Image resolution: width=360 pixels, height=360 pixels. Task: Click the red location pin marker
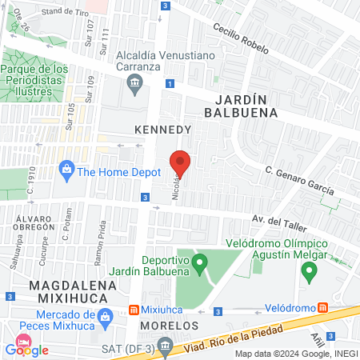[180, 163]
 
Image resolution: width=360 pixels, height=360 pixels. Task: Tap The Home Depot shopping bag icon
[66, 170]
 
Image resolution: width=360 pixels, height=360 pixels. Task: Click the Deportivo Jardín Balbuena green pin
[201, 260]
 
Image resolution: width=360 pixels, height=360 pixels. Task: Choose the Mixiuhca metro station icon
[135, 310]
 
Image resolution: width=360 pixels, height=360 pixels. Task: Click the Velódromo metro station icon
[322, 307]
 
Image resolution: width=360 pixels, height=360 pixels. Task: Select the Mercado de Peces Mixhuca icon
[104, 319]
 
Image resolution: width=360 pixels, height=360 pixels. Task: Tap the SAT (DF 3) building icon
[165, 346]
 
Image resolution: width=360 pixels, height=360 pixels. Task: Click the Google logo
[27, 349]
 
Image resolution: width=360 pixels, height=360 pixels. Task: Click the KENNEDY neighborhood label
[162, 128]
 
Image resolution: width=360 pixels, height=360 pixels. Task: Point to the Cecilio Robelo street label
[240, 38]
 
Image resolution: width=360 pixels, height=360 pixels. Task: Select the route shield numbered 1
[170, 84]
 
